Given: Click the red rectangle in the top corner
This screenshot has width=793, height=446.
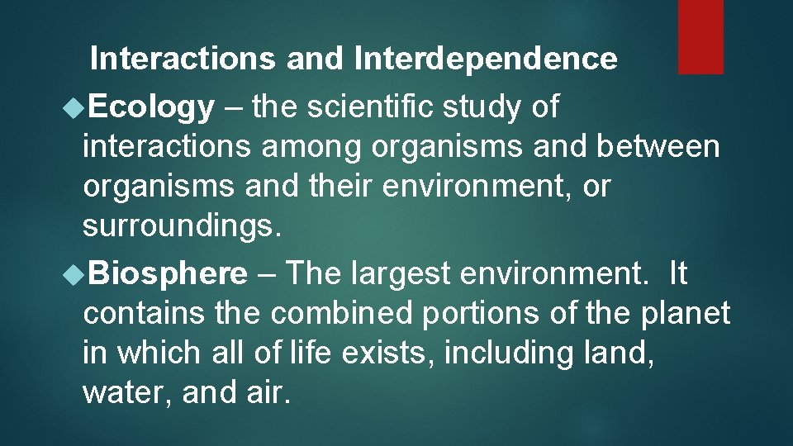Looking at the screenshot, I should (x=700, y=36).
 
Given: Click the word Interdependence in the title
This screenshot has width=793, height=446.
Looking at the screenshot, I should (x=485, y=59).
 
